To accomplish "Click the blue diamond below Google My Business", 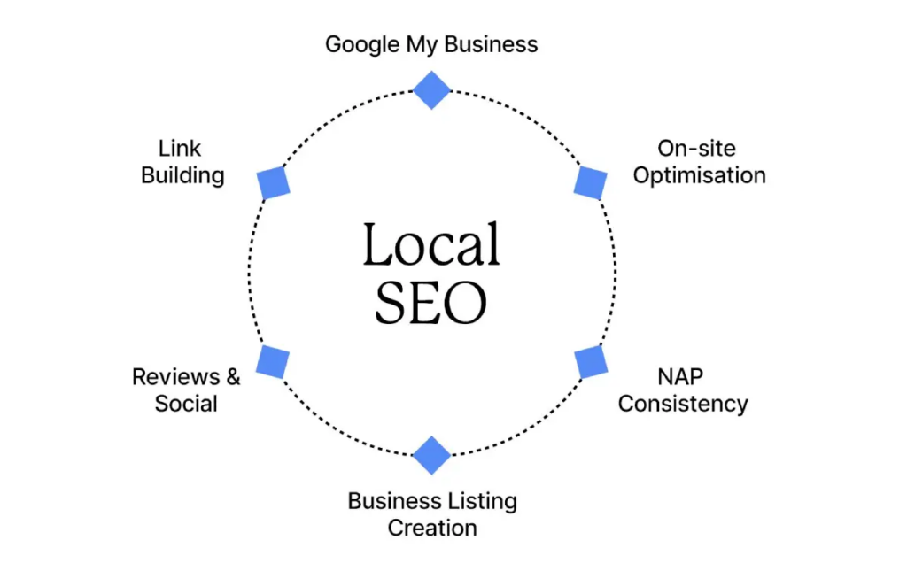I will (x=432, y=89).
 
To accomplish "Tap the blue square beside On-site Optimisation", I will (x=590, y=181).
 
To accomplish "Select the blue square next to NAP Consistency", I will (x=591, y=363).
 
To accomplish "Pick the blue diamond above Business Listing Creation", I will (x=432, y=455).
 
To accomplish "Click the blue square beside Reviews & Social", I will (x=273, y=362).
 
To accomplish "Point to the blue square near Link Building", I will (x=274, y=181).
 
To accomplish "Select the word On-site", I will (x=696, y=148).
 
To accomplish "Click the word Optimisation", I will (x=699, y=175).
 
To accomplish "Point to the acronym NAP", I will (x=682, y=376).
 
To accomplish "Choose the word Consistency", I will (x=683, y=404).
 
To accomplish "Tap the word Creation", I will (x=432, y=529).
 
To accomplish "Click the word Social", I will (x=186, y=404).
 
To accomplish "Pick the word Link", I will (x=182, y=148).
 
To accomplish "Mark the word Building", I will (x=182, y=175).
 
